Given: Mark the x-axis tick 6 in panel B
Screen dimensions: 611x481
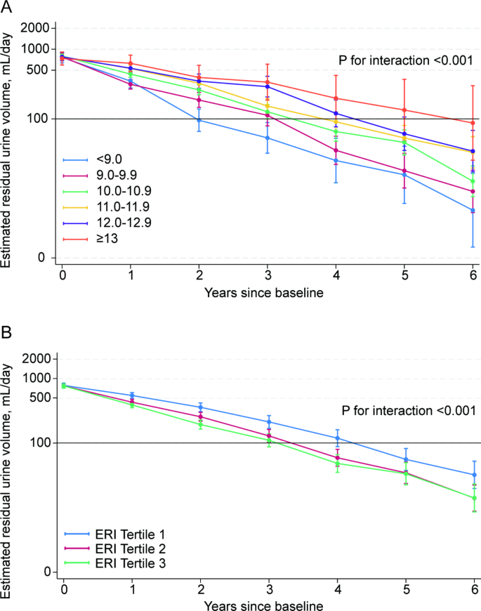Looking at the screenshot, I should (x=474, y=587).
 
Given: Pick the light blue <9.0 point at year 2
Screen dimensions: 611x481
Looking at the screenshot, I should (x=199, y=120).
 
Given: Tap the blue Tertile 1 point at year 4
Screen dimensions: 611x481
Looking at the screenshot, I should (x=337, y=438).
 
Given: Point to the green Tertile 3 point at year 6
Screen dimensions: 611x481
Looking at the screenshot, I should (x=474, y=498).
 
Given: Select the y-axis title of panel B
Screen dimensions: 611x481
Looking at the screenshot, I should (x=8, y=467).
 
